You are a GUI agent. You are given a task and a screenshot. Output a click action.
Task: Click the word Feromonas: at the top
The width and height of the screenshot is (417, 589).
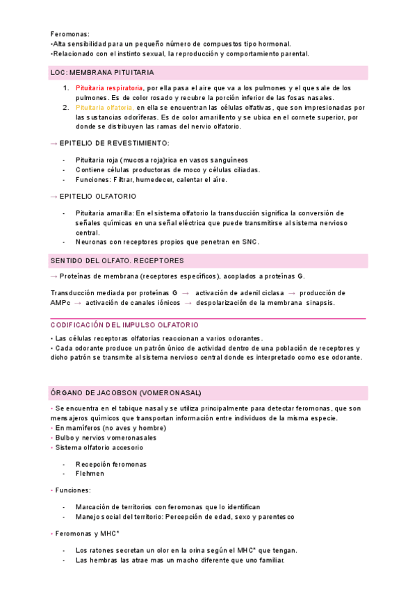click(70, 33)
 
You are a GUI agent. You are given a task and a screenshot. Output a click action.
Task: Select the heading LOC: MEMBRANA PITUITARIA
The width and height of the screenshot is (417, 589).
click(101, 72)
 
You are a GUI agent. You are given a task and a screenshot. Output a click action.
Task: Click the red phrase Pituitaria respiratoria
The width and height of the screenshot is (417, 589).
click(110, 88)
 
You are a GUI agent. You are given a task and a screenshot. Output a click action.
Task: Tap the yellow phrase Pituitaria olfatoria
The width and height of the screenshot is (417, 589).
click(105, 108)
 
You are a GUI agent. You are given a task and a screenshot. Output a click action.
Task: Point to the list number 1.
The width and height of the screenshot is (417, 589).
click(65, 88)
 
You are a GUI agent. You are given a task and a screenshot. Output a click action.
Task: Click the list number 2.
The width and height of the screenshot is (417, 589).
click(65, 108)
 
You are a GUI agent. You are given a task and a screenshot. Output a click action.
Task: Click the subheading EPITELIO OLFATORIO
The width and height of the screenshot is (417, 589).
click(98, 197)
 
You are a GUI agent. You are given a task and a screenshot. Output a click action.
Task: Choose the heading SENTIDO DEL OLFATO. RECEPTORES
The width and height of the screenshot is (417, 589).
click(117, 260)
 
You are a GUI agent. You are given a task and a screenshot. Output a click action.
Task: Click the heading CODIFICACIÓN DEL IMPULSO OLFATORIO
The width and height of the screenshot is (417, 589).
click(124, 325)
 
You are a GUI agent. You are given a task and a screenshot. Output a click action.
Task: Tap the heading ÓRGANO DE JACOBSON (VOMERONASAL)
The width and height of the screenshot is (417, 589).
click(126, 392)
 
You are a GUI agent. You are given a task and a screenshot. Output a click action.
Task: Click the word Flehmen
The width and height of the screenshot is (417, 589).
click(90, 474)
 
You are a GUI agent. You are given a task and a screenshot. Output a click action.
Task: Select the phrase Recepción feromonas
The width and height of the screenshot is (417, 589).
click(111, 464)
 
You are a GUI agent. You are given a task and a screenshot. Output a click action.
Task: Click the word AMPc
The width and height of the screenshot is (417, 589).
click(60, 303)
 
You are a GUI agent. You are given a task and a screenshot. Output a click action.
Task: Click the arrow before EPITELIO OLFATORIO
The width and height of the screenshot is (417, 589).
click(54, 197)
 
